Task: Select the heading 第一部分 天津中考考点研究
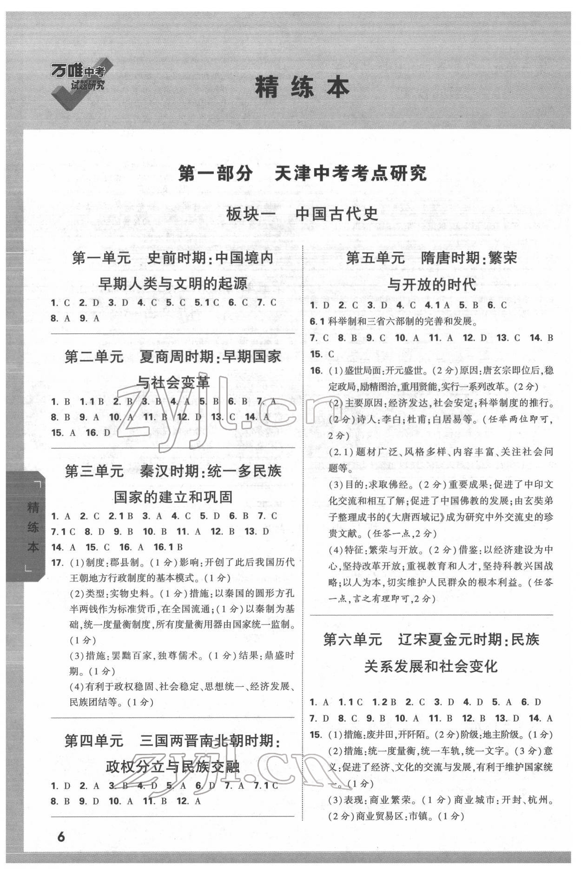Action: click(x=302, y=174)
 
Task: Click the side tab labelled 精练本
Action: click(x=33, y=527)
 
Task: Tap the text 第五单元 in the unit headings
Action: click(x=375, y=258)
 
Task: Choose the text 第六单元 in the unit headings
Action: click(x=352, y=640)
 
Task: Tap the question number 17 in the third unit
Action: click(x=57, y=563)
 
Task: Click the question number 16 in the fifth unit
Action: click(x=316, y=371)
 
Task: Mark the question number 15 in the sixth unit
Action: click(x=316, y=734)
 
